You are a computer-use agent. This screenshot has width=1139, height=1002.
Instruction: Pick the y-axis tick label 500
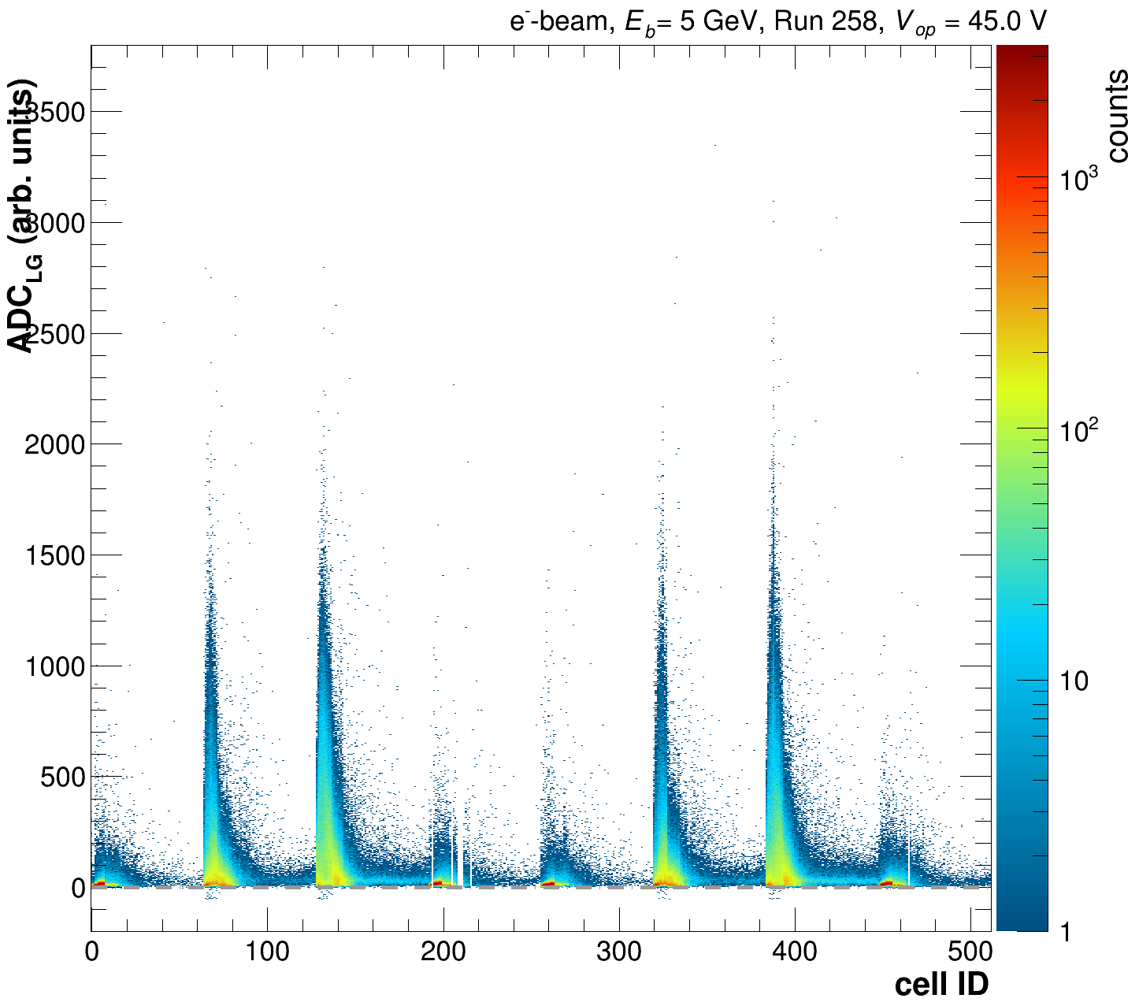tap(62, 777)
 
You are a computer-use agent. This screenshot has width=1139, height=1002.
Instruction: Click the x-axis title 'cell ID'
tap(941, 984)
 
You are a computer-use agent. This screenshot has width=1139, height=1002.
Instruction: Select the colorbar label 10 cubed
tap(1079, 180)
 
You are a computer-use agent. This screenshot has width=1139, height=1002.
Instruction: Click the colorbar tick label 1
tap(1064, 933)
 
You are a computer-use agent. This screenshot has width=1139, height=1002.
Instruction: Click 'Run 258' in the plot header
tap(826, 21)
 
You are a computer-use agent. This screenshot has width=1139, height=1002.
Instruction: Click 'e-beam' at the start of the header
tap(561, 21)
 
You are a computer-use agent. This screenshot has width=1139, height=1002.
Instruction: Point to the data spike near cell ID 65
tap(210, 709)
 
